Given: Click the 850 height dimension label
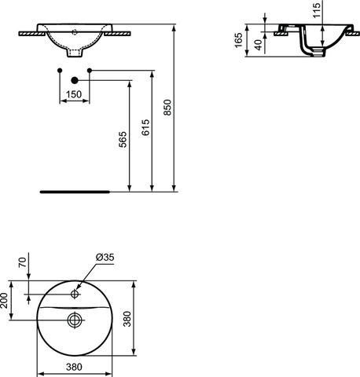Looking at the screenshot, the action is click(167, 108).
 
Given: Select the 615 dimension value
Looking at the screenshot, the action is click(145, 127).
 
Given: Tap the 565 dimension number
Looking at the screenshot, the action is click(123, 140).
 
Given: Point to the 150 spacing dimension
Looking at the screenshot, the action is click(74, 94).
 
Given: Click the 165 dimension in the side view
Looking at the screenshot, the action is click(239, 40).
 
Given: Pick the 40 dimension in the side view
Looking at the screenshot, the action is click(259, 45).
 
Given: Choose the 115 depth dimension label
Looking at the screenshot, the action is click(317, 10).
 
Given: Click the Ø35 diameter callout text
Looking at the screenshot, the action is click(105, 257).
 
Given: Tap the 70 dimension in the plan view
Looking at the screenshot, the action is click(23, 262).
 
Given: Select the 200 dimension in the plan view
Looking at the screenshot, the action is click(4, 300).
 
